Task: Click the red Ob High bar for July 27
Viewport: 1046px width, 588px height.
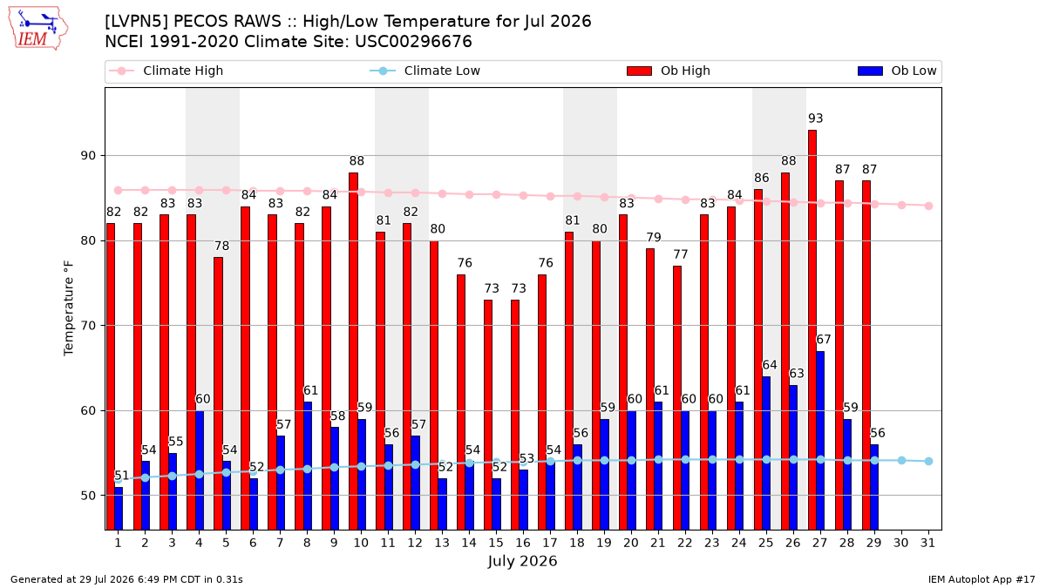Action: pyautogui.click(x=812, y=330)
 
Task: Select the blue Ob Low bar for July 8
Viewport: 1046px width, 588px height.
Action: pyautogui.click(x=307, y=466)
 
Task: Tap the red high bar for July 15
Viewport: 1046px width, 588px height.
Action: pyautogui.click(x=488, y=415)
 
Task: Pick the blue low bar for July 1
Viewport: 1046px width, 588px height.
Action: pyautogui.click(x=119, y=508)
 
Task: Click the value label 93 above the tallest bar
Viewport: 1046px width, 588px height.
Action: pyautogui.click(x=815, y=118)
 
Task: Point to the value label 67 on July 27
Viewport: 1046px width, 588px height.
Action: pyautogui.click(x=823, y=339)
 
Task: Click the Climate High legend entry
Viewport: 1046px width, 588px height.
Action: pyautogui.click(x=166, y=71)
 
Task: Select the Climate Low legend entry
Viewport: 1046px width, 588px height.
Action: pyautogui.click(x=425, y=71)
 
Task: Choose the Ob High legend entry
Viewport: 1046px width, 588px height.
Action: pyautogui.click(x=669, y=71)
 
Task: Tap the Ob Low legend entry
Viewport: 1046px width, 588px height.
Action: pyautogui.click(x=897, y=71)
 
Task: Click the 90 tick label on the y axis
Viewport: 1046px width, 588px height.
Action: pyautogui.click(x=88, y=155)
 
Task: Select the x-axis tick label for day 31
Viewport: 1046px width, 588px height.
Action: pyautogui.click(x=927, y=543)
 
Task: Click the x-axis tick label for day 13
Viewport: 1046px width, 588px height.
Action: pyautogui.click(x=442, y=543)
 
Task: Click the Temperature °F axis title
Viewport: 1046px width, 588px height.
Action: pyautogui.click(x=69, y=308)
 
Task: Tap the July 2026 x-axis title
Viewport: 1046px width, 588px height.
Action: pyautogui.click(x=522, y=561)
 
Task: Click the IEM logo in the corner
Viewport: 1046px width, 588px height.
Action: pyautogui.click(x=37, y=28)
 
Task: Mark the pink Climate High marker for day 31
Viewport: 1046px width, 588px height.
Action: pyautogui.click(x=929, y=206)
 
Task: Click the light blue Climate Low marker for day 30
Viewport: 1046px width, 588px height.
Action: pyautogui.click(x=901, y=460)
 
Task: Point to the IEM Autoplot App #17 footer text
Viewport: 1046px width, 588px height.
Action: pyautogui.click(x=981, y=579)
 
